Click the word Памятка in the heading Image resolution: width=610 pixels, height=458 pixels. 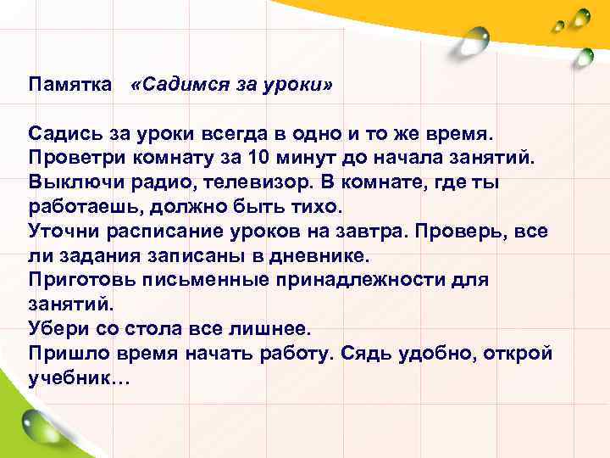click(69, 86)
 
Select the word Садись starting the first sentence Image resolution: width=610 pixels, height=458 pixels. click(61, 134)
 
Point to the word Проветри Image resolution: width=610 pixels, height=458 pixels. click(74, 159)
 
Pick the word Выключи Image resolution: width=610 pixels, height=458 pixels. click(69, 183)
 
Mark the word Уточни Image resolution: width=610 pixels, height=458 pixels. click(61, 232)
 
